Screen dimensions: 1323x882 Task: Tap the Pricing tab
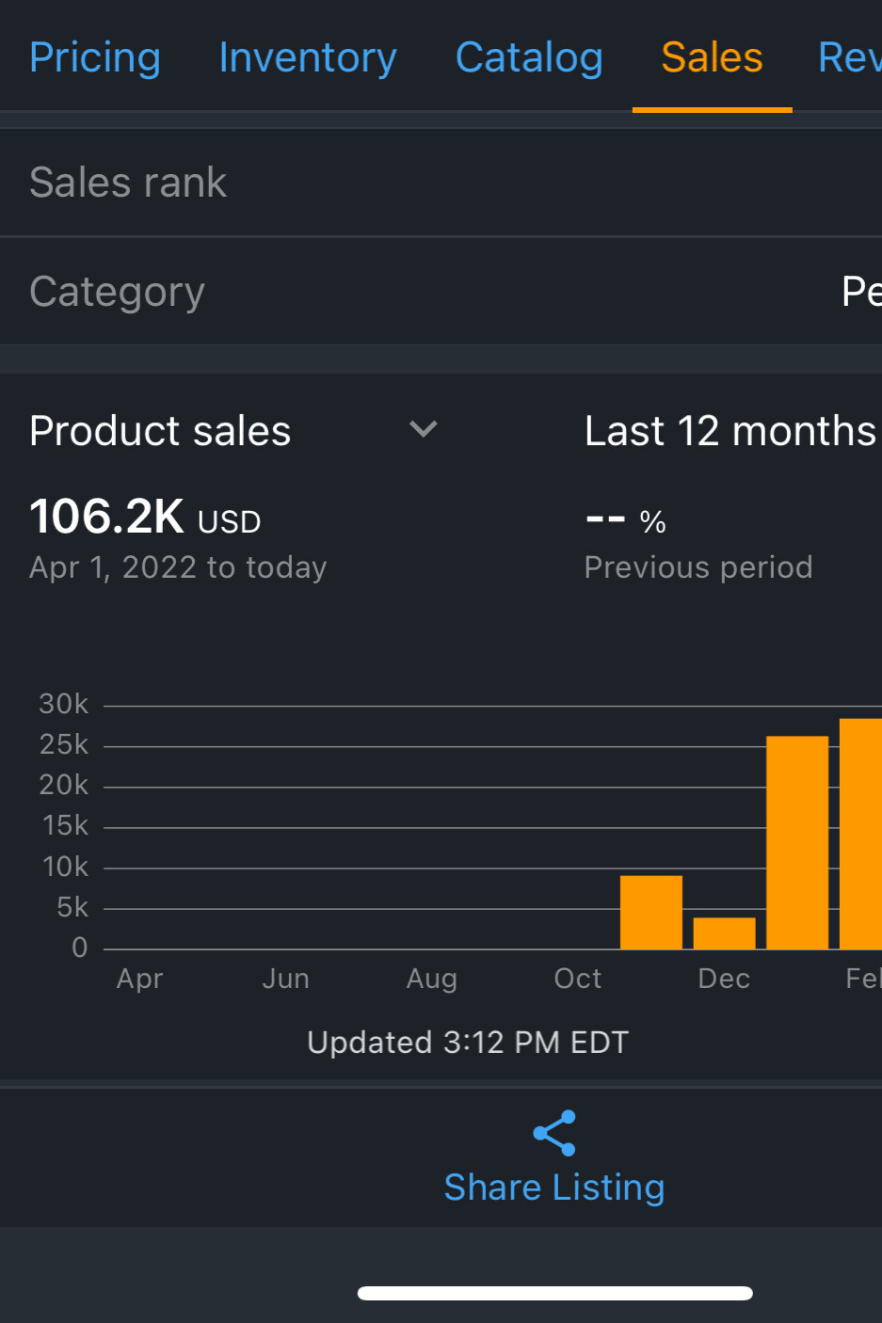point(95,57)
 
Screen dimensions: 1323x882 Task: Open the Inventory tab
point(308,57)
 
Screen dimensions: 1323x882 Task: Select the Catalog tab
point(529,57)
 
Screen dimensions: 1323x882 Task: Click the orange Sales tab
point(712,57)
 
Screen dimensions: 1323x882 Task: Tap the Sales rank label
point(128,183)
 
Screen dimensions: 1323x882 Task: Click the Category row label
point(117,292)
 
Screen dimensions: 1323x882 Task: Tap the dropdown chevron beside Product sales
point(424,430)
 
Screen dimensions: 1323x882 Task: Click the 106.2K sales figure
point(106,517)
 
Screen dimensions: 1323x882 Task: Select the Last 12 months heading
point(730,431)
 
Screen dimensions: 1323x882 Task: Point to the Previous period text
point(698,567)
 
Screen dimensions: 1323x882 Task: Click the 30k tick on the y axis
point(63,704)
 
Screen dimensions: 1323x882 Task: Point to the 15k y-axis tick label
point(65,825)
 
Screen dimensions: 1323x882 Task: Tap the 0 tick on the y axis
point(80,948)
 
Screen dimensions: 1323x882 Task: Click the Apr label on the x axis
point(139,979)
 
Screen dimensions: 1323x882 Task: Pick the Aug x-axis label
point(431,979)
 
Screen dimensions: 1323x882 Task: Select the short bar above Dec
point(724,933)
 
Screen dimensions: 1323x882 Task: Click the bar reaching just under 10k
point(651,913)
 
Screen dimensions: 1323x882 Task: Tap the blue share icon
point(554,1133)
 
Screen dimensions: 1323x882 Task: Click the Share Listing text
point(554,1188)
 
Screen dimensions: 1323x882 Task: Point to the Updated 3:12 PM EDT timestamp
point(468,1043)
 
